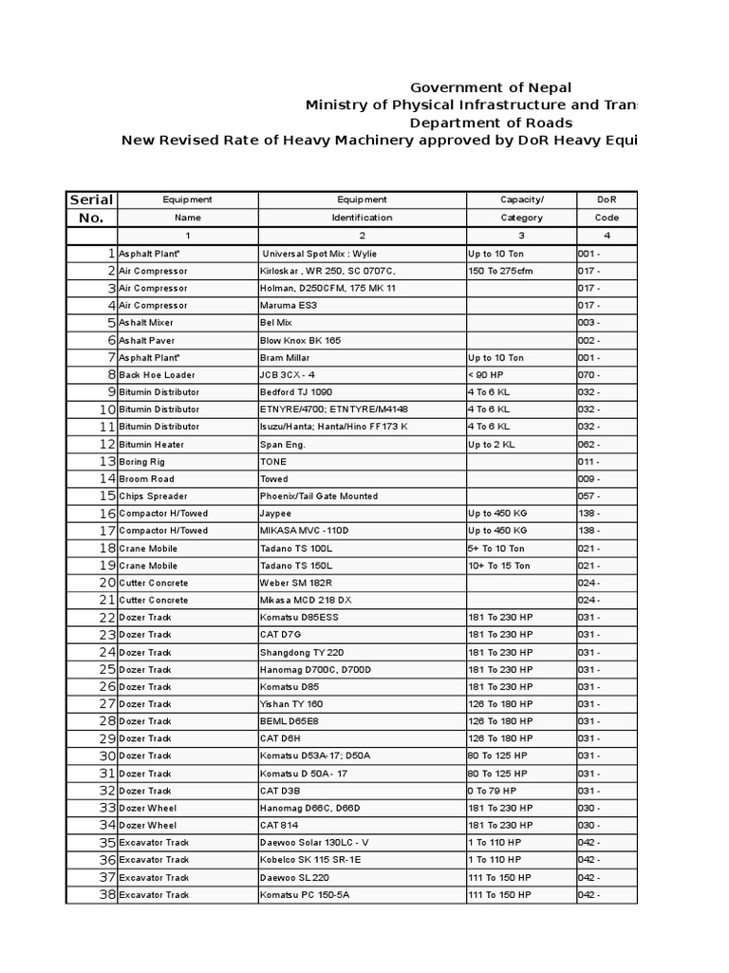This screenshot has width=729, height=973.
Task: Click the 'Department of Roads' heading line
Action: (x=491, y=123)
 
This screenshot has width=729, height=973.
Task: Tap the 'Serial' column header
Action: (x=91, y=200)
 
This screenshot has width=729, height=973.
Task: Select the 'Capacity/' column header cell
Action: (x=522, y=200)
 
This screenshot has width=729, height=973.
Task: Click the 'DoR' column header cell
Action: (x=607, y=200)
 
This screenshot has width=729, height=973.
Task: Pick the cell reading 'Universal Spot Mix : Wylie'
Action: (x=320, y=254)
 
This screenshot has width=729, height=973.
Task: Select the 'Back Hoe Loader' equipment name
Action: (x=157, y=375)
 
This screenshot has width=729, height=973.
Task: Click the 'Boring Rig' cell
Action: (x=142, y=462)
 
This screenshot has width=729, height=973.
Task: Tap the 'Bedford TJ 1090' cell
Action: (x=296, y=392)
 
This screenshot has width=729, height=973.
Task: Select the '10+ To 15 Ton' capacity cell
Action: (x=501, y=565)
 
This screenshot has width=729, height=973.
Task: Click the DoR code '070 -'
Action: (x=589, y=375)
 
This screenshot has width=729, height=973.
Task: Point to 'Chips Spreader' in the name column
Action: (x=153, y=496)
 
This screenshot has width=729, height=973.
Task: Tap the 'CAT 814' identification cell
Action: (x=278, y=825)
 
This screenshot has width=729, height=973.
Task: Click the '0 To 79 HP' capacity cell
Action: (x=492, y=791)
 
